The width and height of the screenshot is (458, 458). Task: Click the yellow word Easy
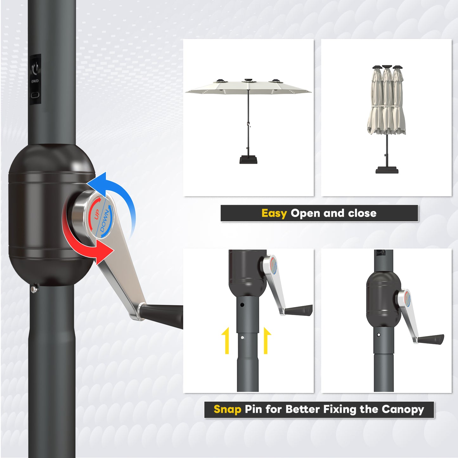274,213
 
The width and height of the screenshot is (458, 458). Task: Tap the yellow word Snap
228,409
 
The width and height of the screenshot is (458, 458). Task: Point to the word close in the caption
362,213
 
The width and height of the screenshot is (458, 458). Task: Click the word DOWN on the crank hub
105,221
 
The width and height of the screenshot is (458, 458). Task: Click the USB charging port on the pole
35,95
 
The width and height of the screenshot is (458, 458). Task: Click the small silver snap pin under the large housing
34,289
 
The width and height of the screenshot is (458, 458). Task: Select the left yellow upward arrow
226,341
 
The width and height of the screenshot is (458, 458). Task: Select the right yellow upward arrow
267,341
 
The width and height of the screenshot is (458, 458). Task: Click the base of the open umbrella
248,159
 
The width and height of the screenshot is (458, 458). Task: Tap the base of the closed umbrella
387,170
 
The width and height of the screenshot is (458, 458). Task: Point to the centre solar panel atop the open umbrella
248,80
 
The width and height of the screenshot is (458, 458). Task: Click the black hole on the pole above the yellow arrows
242,305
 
